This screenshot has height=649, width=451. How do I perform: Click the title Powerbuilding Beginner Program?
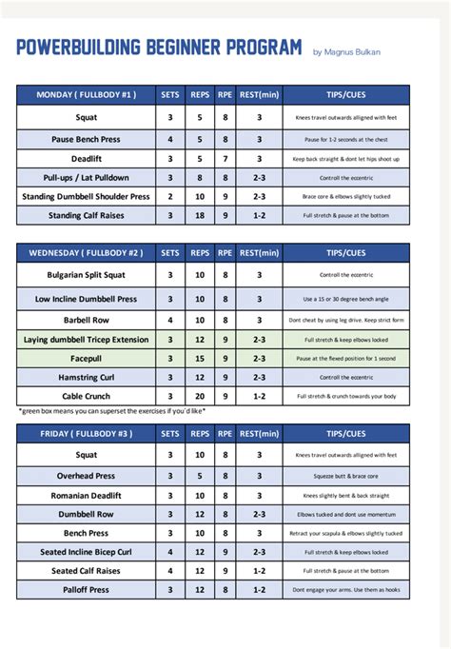[x=159, y=48]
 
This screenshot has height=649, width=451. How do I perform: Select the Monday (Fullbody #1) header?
[x=86, y=94]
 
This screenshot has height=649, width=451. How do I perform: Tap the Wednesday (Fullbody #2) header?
[x=86, y=253]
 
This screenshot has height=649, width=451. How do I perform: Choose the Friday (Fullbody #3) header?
[x=86, y=433]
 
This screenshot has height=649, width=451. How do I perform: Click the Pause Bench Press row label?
[x=86, y=139]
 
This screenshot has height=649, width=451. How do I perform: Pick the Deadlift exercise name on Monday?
[x=86, y=158]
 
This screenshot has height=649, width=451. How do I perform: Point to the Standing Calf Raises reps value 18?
[x=200, y=216]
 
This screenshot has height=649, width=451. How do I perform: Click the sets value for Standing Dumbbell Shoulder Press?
[x=169, y=197]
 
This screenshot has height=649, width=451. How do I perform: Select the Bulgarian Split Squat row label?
[x=86, y=275]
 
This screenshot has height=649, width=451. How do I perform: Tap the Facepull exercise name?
[x=86, y=358]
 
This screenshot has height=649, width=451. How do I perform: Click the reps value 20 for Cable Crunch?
[x=200, y=396]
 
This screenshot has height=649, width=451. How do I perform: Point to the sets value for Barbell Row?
[x=169, y=320]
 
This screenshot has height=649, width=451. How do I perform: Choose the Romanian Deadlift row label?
[x=86, y=495]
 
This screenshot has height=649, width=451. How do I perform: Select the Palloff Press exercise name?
[x=86, y=590]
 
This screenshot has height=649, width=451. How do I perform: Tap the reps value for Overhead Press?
[x=200, y=476]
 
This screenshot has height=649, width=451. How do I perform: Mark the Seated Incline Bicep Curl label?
[x=86, y=552]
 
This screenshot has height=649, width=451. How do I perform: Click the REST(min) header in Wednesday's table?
[x=258, y=253]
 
